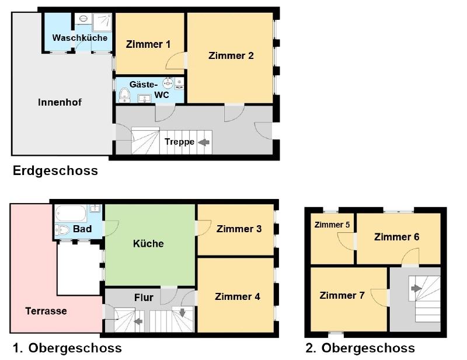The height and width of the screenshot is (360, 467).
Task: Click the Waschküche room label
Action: pos(80,38)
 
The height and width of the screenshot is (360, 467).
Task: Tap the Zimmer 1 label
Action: pos(148,44)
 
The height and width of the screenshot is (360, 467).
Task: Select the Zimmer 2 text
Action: pos(231,55)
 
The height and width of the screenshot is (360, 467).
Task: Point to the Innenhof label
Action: pos(60,103)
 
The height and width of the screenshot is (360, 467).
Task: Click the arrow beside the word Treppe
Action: pos(204,142)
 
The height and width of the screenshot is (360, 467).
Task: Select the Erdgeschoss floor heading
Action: pos(55,171)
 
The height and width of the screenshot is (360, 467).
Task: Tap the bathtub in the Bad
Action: pos(71,213)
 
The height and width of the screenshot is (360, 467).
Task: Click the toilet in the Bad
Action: pos(62,230)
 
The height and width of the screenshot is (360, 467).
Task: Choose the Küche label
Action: pos(148,243)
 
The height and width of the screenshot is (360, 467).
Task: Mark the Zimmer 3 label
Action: pos(239,229)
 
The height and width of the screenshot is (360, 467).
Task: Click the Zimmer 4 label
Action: pos(238,296)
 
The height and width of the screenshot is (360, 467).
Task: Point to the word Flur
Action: pos(144,298)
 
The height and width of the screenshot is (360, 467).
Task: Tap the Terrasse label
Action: pos(46,311)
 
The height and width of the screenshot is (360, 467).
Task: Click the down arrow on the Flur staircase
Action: pos(182,313)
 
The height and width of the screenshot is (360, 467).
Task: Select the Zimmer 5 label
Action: pos(332,225)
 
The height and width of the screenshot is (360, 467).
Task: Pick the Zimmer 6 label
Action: pos(397,237)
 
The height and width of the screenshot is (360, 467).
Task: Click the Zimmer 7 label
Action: pos(342,295)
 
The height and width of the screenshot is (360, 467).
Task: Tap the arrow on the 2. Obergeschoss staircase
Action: pos(416,288)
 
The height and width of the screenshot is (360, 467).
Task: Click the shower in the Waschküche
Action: pos(102,22)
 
